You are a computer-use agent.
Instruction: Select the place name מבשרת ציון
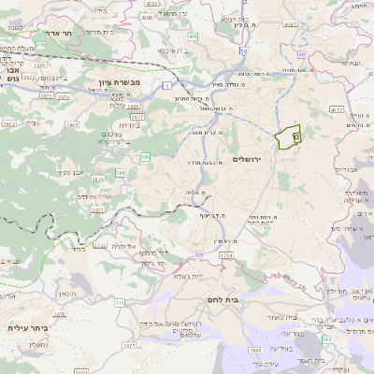click(x=119, y=83)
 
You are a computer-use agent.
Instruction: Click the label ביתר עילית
click(x=27, y=327)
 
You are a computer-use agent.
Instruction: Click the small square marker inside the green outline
click(x=295, y=137)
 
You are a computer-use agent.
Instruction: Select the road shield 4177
click(x=336, y=110)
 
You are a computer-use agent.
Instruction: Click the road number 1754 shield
click(x=225, y=254)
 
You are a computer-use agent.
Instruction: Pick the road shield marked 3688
click(x=253, y=351)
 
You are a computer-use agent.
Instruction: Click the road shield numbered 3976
click(x=39, y=65)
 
